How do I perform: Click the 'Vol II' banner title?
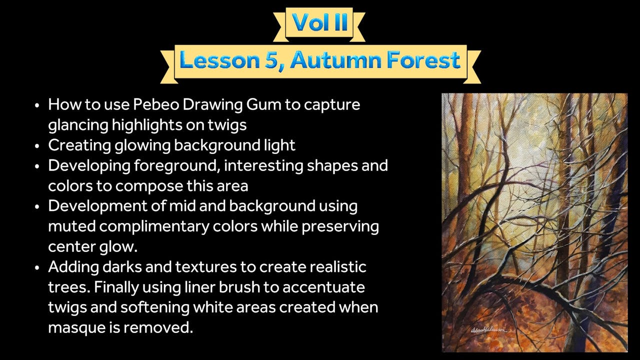[x=320, y=22]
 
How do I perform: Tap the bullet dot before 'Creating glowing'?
[x=37, y=146]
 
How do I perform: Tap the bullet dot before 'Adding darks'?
[x=37, y=267]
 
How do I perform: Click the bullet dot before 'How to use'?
[x=37, y=105]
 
